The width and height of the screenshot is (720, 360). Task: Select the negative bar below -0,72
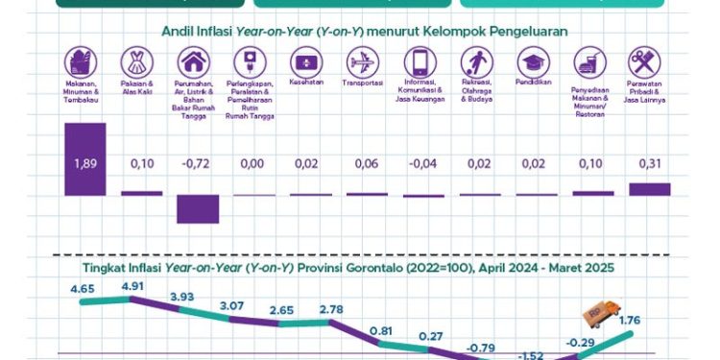click(198, 208)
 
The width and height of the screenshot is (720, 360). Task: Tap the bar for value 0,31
click(649, 189)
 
